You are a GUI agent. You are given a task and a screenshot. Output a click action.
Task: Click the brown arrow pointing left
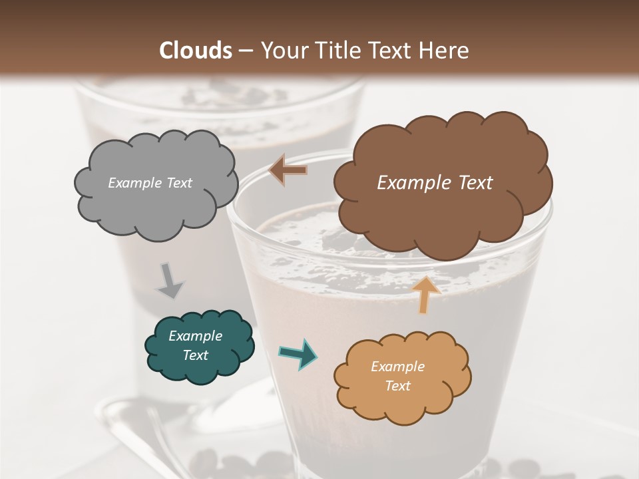288,170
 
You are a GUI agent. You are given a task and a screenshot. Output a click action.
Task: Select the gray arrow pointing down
170,281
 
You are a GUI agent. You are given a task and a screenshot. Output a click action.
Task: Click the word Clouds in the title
194,51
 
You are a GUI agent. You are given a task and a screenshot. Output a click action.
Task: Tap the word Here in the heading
445,51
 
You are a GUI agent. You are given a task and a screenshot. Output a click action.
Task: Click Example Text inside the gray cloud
150,183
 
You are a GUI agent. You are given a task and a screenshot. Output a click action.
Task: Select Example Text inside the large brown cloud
435,183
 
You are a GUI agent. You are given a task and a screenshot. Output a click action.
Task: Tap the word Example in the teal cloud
195,336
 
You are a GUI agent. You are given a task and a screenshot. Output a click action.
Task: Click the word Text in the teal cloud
195,355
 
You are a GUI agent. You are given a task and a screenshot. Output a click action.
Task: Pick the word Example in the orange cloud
397,367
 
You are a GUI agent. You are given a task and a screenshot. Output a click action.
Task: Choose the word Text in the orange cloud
397,386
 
